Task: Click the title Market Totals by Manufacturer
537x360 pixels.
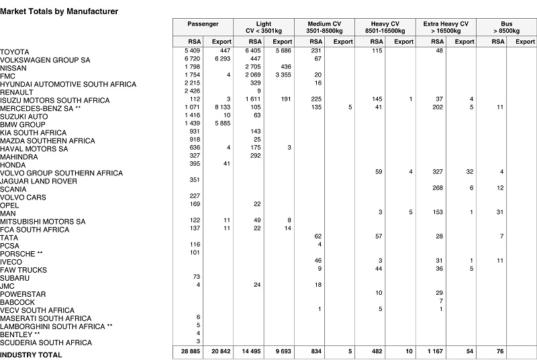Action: coord(59,11)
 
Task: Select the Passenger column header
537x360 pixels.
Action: coord(203,24)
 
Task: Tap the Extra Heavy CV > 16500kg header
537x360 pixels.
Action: coord(446,27)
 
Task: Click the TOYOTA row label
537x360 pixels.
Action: coord(14,52)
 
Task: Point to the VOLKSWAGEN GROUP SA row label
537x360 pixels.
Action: coord(46,60)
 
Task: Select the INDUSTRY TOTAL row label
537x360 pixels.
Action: coord(31,355)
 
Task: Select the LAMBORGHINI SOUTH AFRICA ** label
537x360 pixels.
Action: coord(56,326)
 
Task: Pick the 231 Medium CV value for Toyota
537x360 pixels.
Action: coord(315,52)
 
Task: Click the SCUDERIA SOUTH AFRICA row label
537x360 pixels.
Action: coord(46,342)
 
